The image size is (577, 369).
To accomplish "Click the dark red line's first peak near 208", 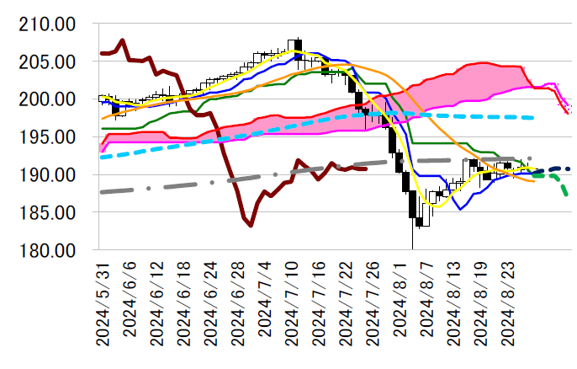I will [123, 40].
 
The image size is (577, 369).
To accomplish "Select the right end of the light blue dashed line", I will [533, 118].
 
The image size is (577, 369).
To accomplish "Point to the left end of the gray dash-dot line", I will [102, 192].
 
